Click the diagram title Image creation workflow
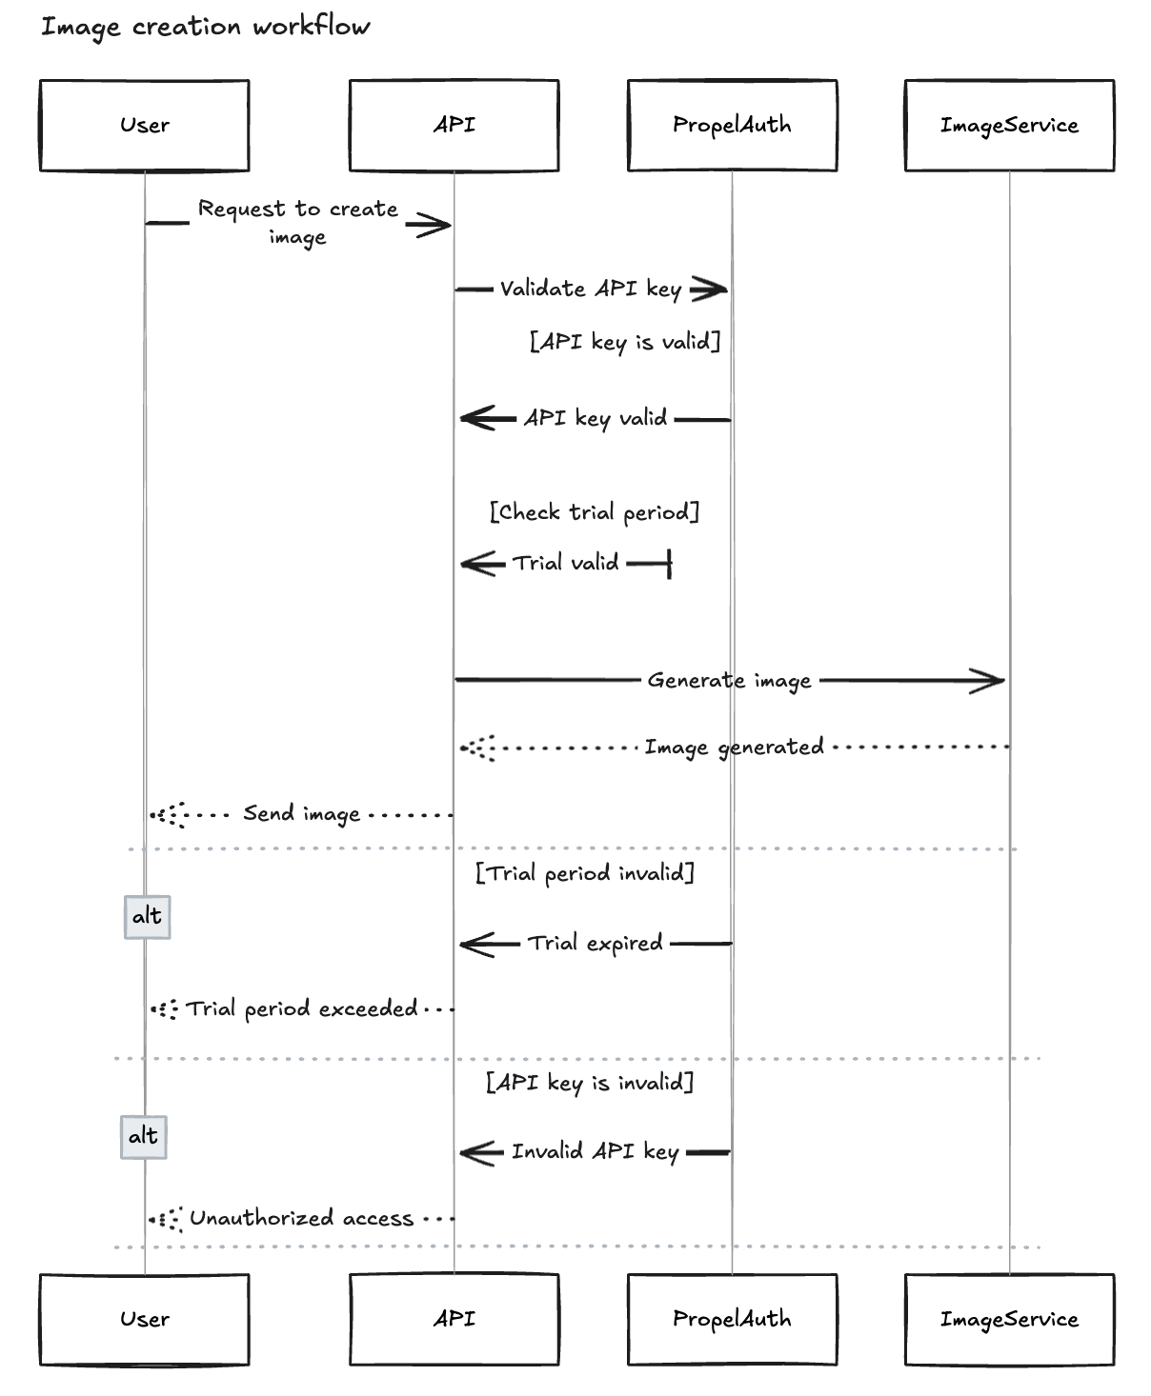tap(205, 27)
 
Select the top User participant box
tap(145, 126)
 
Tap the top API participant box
tap(454, 126)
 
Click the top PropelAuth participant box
tap(732, 126)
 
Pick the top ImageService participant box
tap(1009, 126)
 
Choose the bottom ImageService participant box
tap(1009, 1319)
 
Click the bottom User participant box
tap(145, 1319)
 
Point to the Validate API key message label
tap(590, 289)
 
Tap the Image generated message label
tap(734, 748)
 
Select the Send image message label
tap(301, 813)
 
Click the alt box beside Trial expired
tap(148, 917)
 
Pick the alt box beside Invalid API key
tap(143, 1137)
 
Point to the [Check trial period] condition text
tap(595, 513)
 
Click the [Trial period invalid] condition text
tap(585, 873)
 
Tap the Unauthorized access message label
tap(302, 1218)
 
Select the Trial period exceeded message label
tap(302, 1008)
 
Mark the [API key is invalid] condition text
tap(590, 1082)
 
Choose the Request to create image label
tap(298, 223)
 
